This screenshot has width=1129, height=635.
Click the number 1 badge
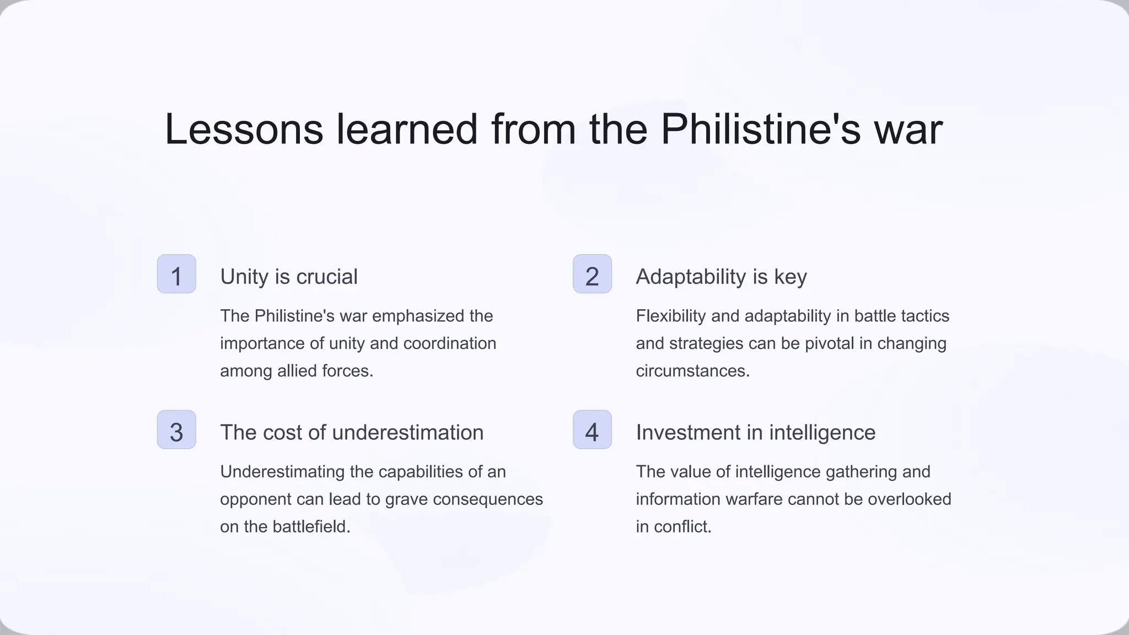[x=176, y=274]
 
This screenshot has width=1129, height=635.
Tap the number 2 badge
[x=592, y=274]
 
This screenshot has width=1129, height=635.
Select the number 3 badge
[x=176, y=430]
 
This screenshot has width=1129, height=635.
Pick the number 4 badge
[x=592, y=430]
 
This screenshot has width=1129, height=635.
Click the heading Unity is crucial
[x=289, y=277]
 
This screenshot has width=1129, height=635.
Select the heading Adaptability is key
[x=721, y=277]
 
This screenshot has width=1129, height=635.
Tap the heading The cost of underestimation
[x=352, y=433]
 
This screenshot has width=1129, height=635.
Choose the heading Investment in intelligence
[x=755, y=433]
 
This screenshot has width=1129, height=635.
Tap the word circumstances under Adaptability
[x=692, y=371]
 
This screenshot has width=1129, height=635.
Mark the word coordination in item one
[x=450, y=343]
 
